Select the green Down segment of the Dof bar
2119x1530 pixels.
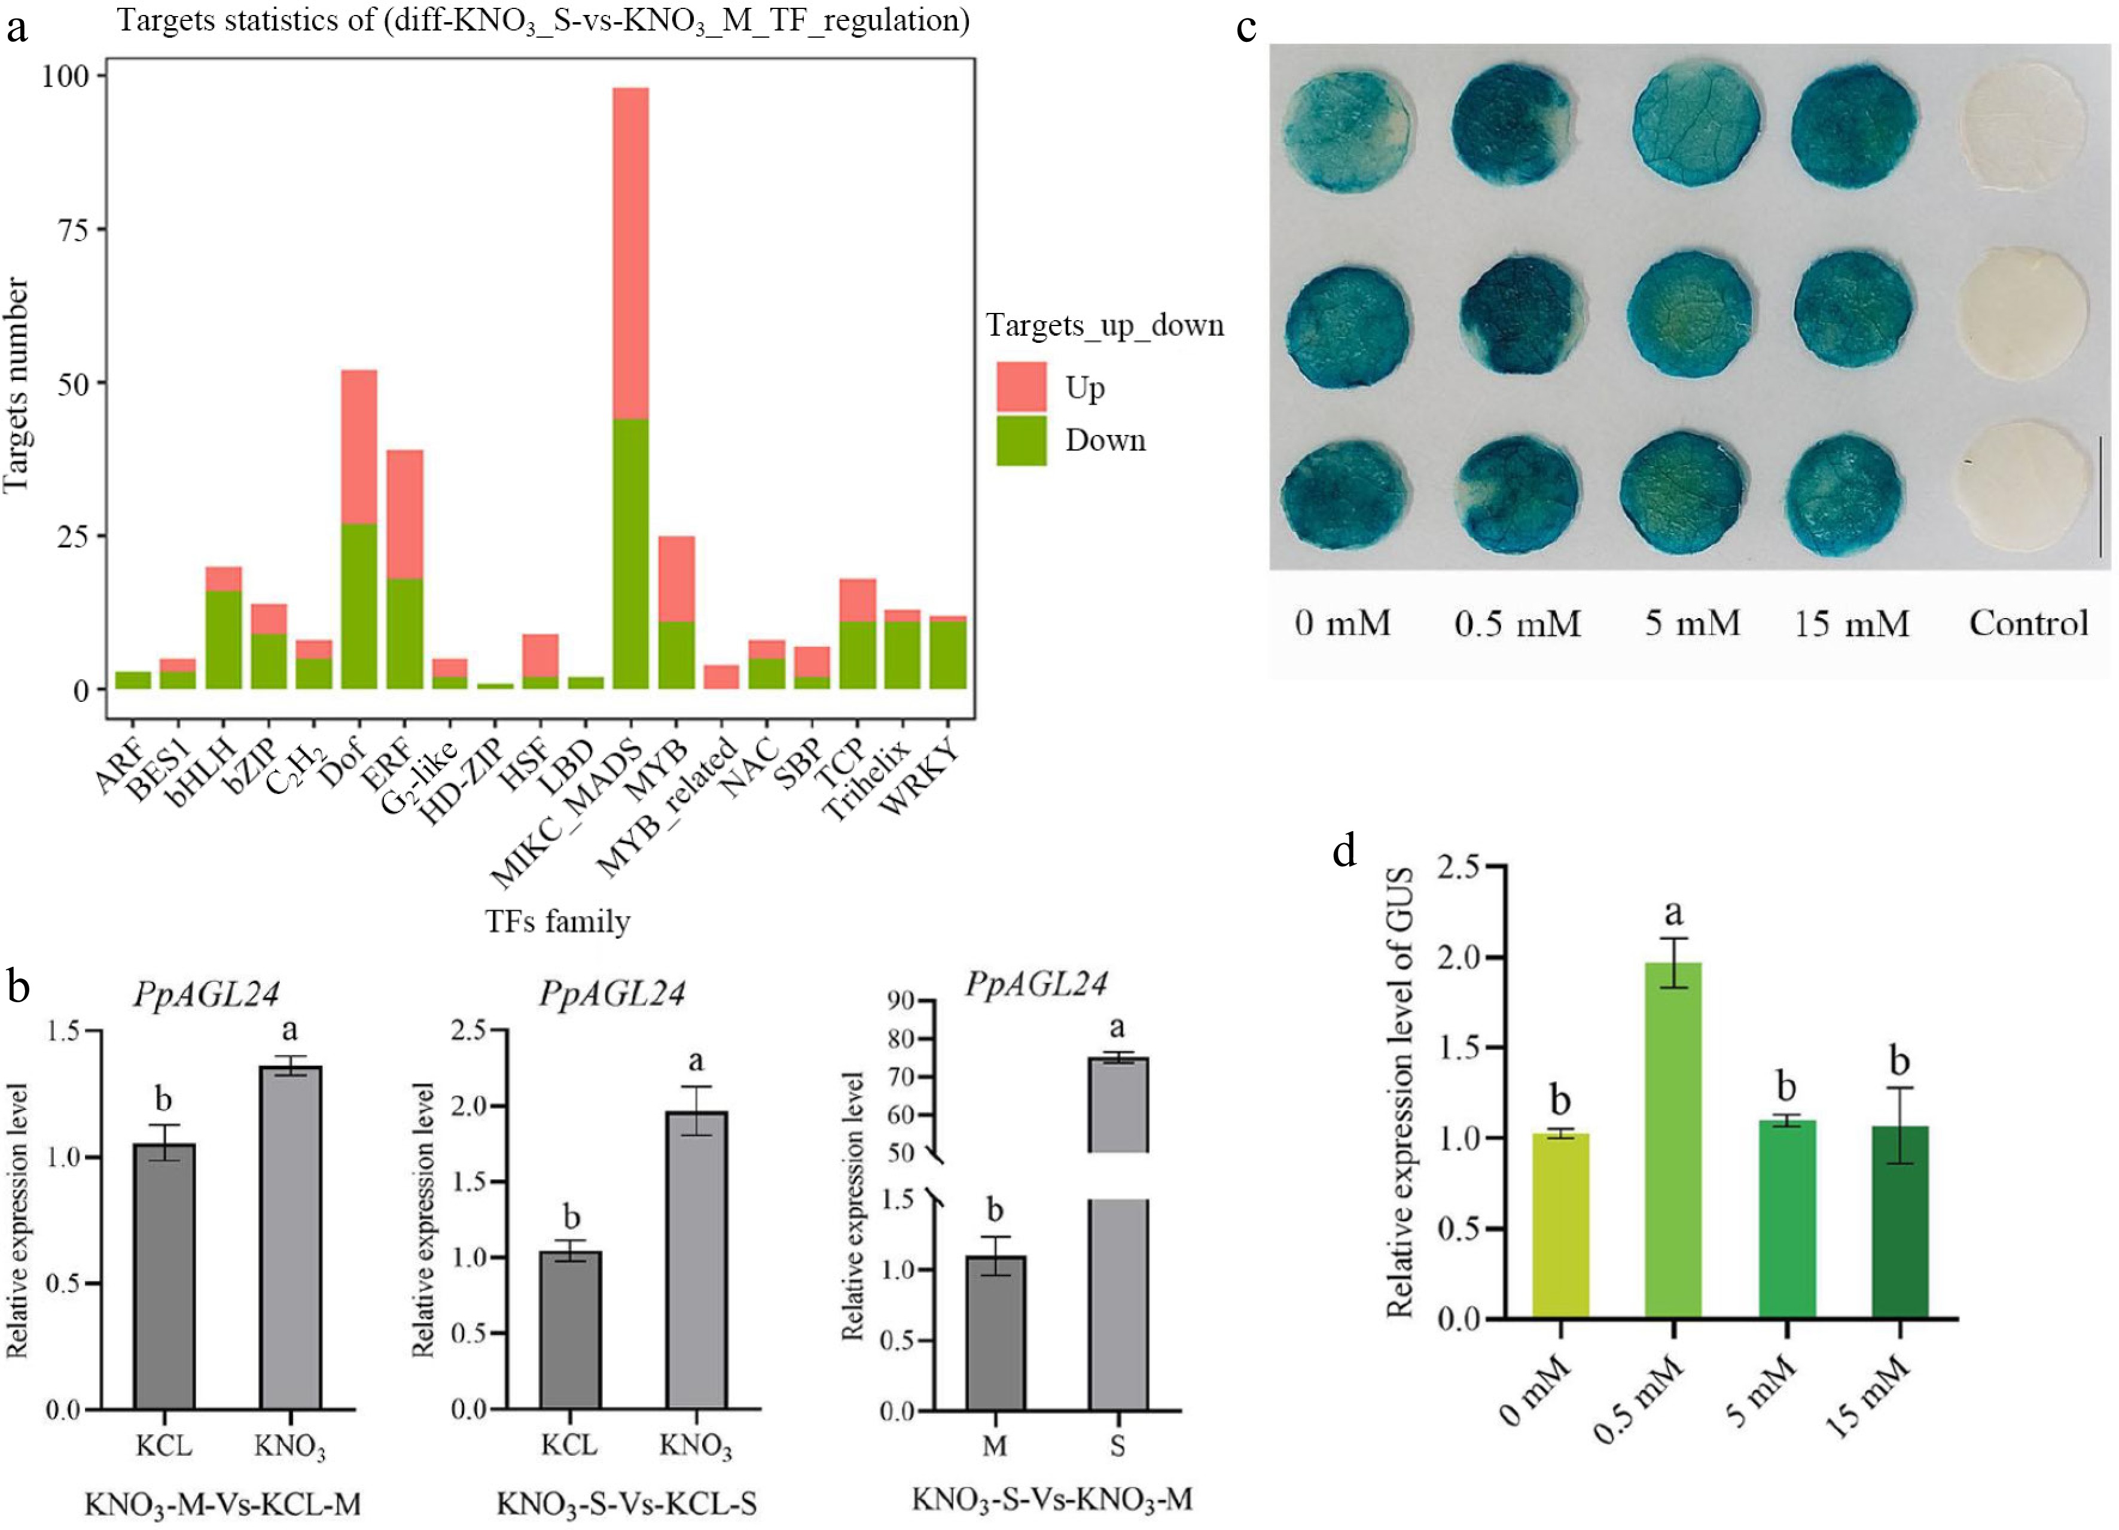point(359,606)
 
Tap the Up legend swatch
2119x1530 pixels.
point(1021,387)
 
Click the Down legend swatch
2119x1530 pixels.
point(1021,440)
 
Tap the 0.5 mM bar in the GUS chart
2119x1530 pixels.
point(1672,1140)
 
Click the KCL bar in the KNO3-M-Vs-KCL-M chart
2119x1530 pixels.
point(164,1276)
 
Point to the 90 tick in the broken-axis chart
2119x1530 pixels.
point(903,1001)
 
